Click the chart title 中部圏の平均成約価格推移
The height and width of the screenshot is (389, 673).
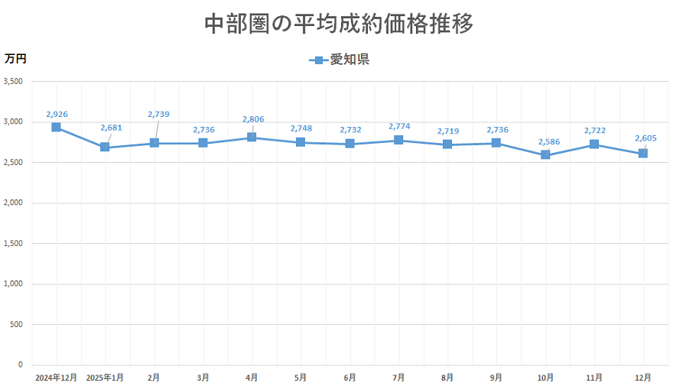[x=339, y=24]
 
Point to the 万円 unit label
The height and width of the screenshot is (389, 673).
[x=15, y=59]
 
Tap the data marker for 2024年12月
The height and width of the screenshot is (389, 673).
[x=56, y=127]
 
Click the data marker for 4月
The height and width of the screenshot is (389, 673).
[x=252, y=138]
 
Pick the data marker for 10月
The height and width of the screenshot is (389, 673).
[x=545, y=155]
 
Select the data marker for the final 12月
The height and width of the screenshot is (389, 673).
[x=643, y=154]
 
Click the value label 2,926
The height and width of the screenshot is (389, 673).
[x=57, y=114]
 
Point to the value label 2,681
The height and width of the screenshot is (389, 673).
[x=111, y=128]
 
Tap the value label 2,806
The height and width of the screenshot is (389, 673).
[x=253, y=119]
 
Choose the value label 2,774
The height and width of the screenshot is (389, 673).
[x=400, y=125]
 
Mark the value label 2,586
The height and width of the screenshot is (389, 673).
[x=547, y=141]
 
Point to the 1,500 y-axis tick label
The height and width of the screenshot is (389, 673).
[x=14, y=243]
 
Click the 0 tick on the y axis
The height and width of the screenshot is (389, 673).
[x=21, y=365]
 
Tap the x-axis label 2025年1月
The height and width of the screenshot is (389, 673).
[x=105, y=378]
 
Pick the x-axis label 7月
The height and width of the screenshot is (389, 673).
[x=398, y=378]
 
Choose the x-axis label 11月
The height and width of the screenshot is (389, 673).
[x=594, y=378]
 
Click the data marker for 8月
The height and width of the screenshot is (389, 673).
[x=447, y=144]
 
